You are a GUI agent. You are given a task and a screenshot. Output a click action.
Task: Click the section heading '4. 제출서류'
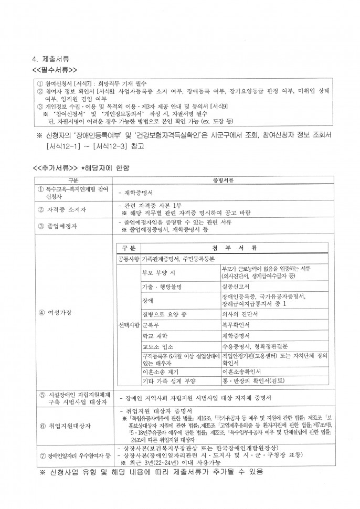51,59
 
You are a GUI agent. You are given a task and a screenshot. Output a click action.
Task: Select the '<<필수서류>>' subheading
55,69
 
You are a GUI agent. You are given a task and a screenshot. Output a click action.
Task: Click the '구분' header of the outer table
73,181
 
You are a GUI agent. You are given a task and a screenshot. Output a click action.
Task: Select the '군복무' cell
151,325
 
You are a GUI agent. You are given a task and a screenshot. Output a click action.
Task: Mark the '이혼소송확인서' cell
241,372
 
